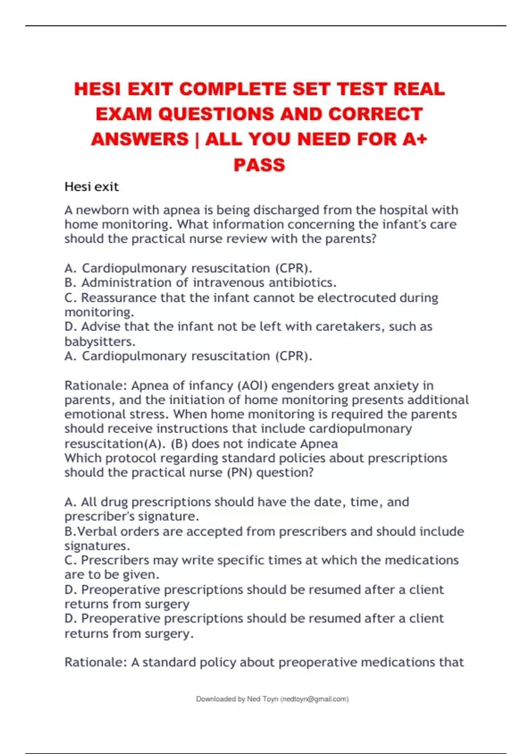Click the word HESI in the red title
pos(97,89)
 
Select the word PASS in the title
pos(259,165)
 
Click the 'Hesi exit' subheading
pos(91,187)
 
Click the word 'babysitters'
pos(99,342)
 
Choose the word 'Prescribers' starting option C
pos(115,560)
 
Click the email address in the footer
pos(314,699)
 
